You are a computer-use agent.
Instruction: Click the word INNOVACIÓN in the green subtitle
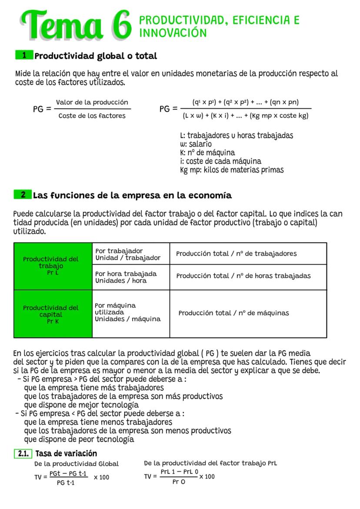(173, 33)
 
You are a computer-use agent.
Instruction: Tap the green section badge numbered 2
(23, 195)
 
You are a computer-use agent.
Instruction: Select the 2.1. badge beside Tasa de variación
(23, 454)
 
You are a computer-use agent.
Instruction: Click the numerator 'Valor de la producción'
(92, 103)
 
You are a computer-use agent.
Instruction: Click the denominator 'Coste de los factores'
(92, 116)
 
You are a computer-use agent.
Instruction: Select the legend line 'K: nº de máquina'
(207, 153)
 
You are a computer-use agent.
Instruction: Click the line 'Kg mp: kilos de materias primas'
(232, 170)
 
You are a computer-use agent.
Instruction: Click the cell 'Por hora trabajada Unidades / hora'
(126, 277)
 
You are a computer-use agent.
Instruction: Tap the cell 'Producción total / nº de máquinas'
(233, 313)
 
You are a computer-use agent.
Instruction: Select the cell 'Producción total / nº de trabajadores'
(236, 253)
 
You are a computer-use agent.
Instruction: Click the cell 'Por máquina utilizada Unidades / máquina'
(127, 312)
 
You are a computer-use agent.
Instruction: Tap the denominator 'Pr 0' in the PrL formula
(179, 482)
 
